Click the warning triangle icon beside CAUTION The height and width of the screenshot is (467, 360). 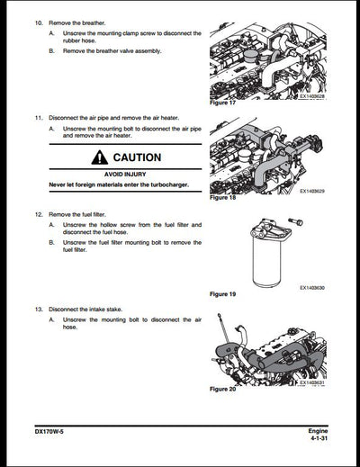click(x=97, y=157)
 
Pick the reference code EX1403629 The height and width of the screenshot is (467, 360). click(x=316, y=191)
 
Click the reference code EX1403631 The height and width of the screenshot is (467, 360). click(x=316, y=382)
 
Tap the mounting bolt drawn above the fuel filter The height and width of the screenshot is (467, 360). click(x=295, y=220)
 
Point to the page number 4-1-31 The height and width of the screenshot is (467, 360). click(x=312, y=440)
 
